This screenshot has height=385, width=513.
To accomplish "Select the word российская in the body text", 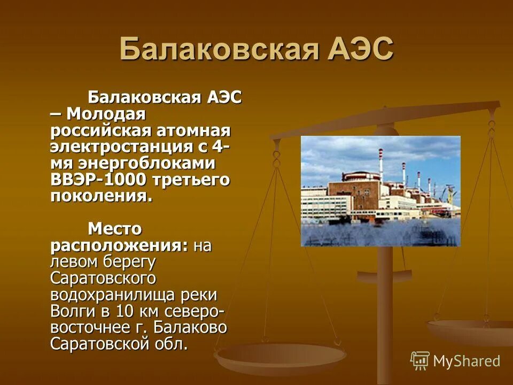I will [101, 131].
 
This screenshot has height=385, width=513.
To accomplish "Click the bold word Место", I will [115, 229].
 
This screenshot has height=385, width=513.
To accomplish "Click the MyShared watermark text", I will [467, 361].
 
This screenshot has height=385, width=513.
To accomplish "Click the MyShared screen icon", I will [420, 361].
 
